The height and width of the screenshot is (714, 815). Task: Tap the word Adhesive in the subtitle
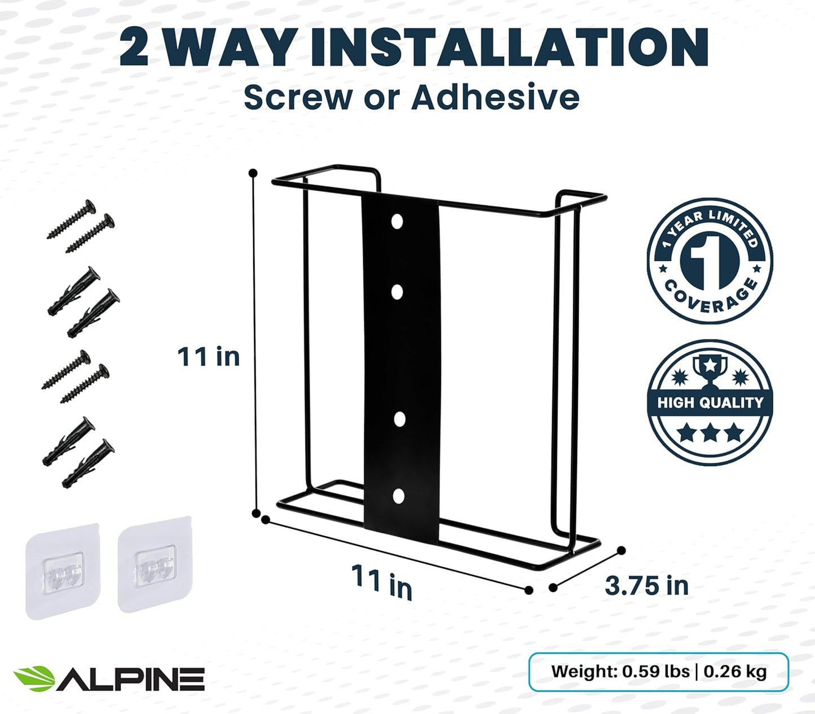[x=495, y=98]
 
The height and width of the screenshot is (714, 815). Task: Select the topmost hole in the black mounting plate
[x=397, y=221]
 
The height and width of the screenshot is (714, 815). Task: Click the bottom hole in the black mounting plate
[x=399, y=497]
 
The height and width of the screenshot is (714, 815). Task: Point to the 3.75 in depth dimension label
[x=646, y=586]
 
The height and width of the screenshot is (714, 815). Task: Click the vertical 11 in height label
[x=208, y=357]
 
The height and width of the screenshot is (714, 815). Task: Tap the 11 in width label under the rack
[x=382, y=581]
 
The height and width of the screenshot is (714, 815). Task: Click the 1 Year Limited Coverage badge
[x=710, y=261]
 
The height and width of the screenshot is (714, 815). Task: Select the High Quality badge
[x=710, y=402]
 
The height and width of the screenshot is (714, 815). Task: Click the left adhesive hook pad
[x=63, y=571]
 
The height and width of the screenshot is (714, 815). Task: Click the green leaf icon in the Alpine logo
[x=34, y=678]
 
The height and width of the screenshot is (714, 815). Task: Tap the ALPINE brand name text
[x=131, y=679]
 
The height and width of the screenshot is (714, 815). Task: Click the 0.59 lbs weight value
[x=655, y=672]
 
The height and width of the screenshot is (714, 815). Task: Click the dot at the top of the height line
[x=253, y=173]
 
